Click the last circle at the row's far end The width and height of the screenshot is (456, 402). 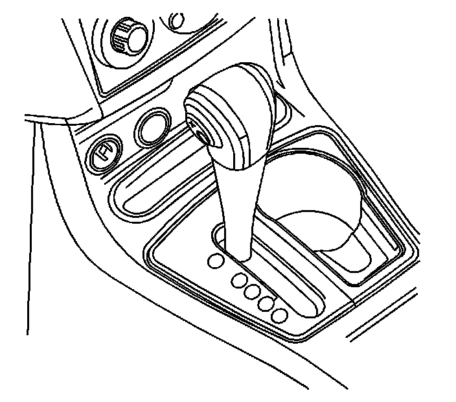coord(280,315)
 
